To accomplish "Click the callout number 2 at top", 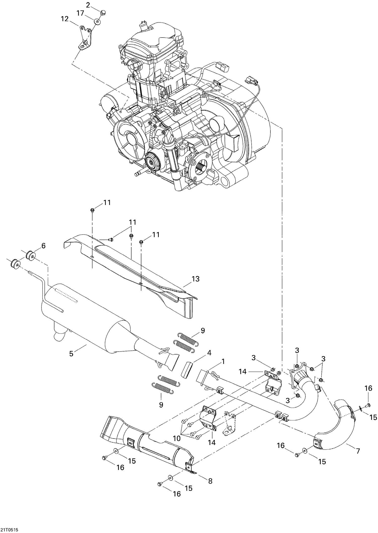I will point(88,5).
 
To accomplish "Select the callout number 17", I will point(80,13).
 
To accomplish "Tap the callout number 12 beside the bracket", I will point(65,19).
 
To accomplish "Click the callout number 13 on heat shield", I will point(195,279).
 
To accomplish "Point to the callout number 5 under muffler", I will point(71,354).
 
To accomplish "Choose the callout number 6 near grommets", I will point(43,246).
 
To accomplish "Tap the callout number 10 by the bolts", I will point(177,438).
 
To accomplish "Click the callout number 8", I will point(210,481).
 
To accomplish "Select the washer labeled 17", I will point(97,22).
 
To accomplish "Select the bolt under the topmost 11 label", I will point(92,210).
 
